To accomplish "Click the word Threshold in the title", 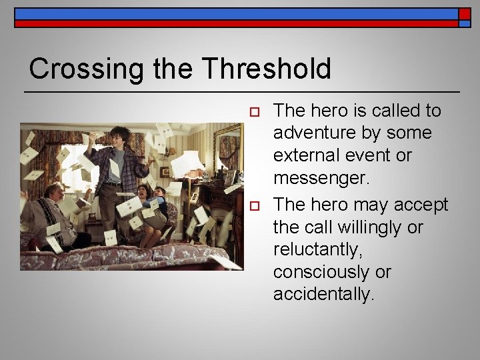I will [x=266, y=69].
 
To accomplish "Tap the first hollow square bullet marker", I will [x=253, y=112].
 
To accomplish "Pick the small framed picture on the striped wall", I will [x=165, y=171].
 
